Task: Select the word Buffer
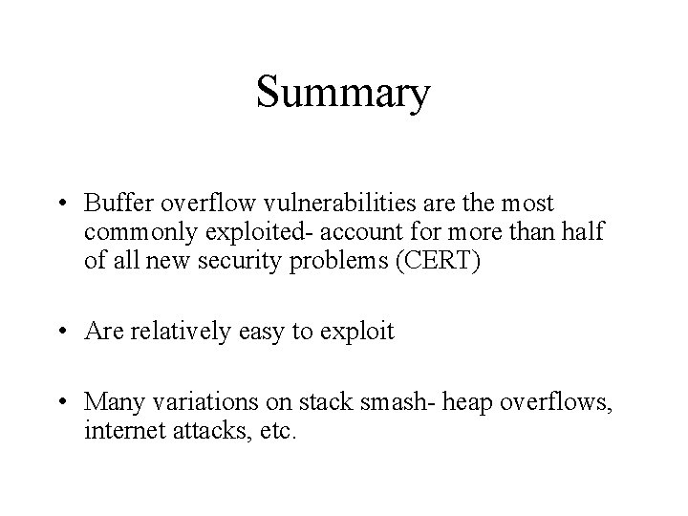(114, 204)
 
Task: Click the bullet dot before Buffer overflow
(61, 204)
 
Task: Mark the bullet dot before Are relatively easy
(61, 333)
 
